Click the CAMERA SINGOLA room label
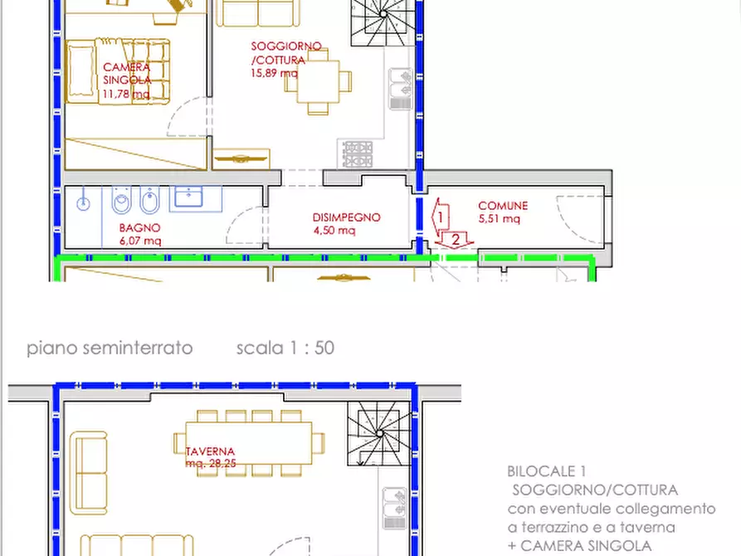coord(127,74)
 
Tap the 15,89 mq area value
coord(274,73)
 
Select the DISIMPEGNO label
coord(346,217)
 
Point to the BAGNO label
coord(140,228)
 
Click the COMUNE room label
coord(503,206)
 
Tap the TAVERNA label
coord(210,451)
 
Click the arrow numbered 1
coord(440,217)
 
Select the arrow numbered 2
coord(455,240)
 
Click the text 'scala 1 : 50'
coord(285,348)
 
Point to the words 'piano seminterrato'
coord(110,349)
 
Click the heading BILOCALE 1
coord(546,471)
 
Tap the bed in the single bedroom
coord(118,71)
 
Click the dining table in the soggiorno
coord(318,81)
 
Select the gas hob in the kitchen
coord(358,154)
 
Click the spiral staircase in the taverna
coord(378,433)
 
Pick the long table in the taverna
coord(249,443)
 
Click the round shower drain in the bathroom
coord(83,204)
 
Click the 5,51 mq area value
coord(499,218)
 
